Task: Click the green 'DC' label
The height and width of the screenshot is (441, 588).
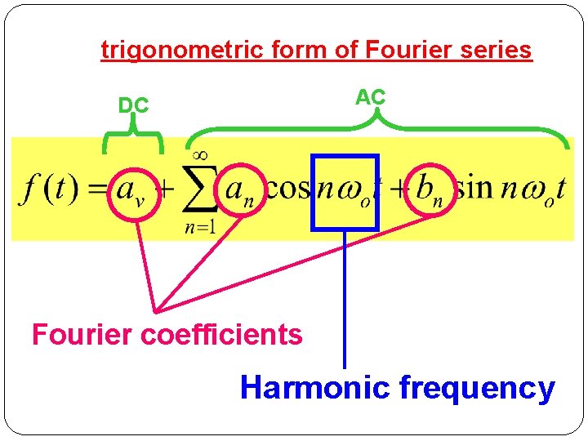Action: [133, 105]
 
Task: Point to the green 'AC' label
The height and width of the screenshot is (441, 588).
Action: [370, 96]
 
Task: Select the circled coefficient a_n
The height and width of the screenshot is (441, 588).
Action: [241, 193]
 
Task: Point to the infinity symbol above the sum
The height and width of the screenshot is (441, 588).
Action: [198, 154]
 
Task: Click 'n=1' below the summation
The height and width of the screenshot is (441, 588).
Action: [199, 228]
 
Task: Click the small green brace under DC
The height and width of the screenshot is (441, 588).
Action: [132, 139]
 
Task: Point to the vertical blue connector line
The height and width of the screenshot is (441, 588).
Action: [345, 302]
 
